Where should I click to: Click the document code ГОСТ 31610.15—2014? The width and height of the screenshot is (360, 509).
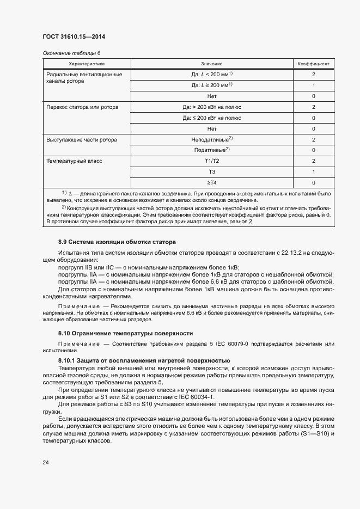click(74, 37)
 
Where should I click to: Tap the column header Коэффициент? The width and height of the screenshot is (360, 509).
click(313, 64)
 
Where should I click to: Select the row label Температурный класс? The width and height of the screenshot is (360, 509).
click(75, 161)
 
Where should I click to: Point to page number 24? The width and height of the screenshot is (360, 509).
click(46, 463)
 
